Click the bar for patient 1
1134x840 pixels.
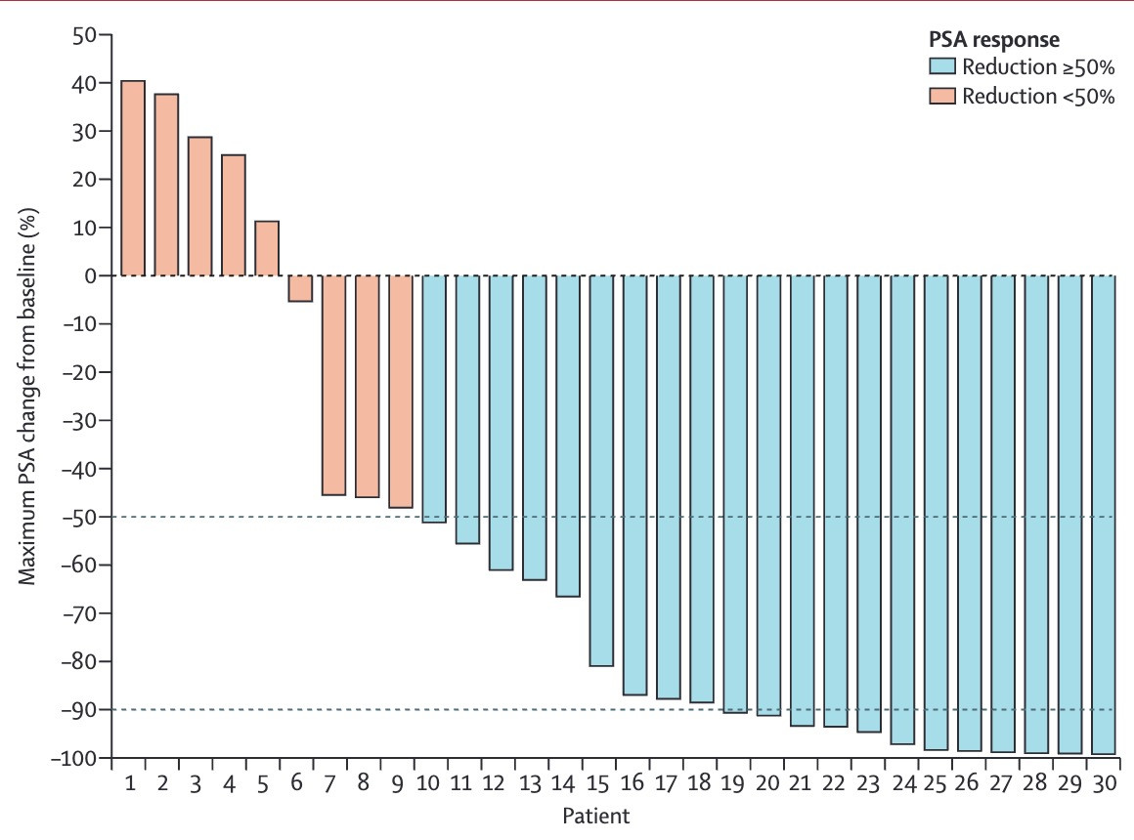click(x=133, y=178)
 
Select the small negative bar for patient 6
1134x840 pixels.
click(x=300, y=288)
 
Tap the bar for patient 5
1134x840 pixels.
click(x=267, y=248)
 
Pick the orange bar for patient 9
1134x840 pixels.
click(x=401, y=392)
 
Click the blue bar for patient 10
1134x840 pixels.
click(x=434, y=399)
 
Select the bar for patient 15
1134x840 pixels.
click(x=602, y=471)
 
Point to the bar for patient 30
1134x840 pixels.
click(x=1104, y=515)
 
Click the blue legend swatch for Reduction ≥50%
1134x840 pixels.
click(x=942, y=66)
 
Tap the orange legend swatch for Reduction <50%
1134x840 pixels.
click(x=942, y=96)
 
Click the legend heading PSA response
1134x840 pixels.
click(x=993, y=39)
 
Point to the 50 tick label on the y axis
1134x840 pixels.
click(x=84, y=35)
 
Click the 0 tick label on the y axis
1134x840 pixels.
click(x=91, y=276)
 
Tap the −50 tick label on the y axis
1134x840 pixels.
click(x=79, y=517)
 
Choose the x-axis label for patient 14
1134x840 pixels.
click(x=563, y=783)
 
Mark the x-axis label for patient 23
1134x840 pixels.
click(x=867, y=783)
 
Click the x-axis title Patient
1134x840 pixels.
click(x=596, y=817)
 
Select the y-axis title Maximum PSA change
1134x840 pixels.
click(x=26, y=397)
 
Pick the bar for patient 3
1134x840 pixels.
click(x=200, y=206)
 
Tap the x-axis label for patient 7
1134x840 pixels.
click(x=329, y=783)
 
